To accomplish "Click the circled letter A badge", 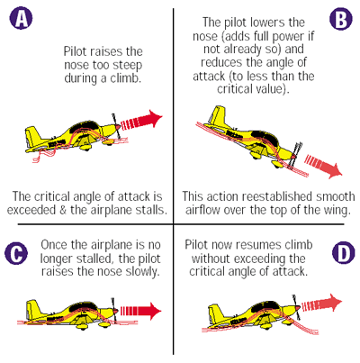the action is [x=21, y=18].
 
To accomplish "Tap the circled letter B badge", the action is [x=341, y=19].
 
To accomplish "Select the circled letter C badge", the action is [x=16, y=254].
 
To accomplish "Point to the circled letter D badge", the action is [x=344, y=253].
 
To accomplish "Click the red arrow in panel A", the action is [x=141, y=121].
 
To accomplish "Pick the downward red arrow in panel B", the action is [x=323, y=166].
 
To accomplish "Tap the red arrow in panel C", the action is [x=140, y=311].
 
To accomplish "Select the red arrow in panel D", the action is [x=321, y=304].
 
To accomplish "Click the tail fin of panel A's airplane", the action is [x=33, y=137].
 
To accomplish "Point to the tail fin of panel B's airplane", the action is [x=217, y=115].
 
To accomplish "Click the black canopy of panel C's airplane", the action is [x=83, y=306].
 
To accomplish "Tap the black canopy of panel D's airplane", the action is [x=265, y=306].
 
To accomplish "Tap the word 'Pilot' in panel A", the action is [x=74, y=51].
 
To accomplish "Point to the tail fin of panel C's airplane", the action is [x=33, y=310].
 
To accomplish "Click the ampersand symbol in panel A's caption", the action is [x=63, y=210].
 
